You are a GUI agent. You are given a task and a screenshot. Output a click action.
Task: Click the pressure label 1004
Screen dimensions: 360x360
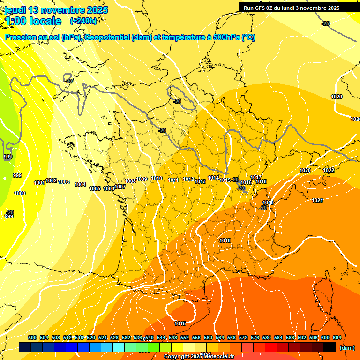80,184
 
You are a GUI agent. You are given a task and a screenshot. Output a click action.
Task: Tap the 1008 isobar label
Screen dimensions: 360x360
130,181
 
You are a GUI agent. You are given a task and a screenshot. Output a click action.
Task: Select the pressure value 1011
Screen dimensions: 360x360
173,180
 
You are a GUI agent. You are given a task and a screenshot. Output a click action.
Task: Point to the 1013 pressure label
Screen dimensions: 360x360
201,181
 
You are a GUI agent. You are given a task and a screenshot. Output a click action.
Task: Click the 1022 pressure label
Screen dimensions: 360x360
329,170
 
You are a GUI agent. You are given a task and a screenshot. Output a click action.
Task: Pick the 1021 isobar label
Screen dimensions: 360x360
317,200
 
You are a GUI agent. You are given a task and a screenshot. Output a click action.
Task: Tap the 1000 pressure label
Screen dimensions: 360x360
20,193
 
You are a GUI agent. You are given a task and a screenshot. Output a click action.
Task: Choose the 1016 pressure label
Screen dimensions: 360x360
246,182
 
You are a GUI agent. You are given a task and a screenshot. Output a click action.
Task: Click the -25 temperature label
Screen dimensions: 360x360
325,23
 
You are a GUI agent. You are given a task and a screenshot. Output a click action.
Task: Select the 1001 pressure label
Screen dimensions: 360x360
39,183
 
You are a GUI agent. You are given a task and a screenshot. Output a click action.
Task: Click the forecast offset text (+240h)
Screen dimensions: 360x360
83,21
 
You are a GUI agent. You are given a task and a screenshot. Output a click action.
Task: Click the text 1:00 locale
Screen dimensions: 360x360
33,21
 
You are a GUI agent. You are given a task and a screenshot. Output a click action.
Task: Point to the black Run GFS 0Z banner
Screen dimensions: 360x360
298,7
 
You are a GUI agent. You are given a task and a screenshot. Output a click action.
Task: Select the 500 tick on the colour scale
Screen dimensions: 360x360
32,337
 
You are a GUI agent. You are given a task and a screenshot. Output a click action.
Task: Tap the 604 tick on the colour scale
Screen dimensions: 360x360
337,337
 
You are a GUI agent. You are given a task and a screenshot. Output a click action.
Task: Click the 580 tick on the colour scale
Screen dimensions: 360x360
267,337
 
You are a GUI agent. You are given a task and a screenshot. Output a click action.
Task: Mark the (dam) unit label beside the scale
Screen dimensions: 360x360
347,348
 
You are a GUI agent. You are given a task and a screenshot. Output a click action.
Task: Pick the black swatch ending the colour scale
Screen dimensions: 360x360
330,347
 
